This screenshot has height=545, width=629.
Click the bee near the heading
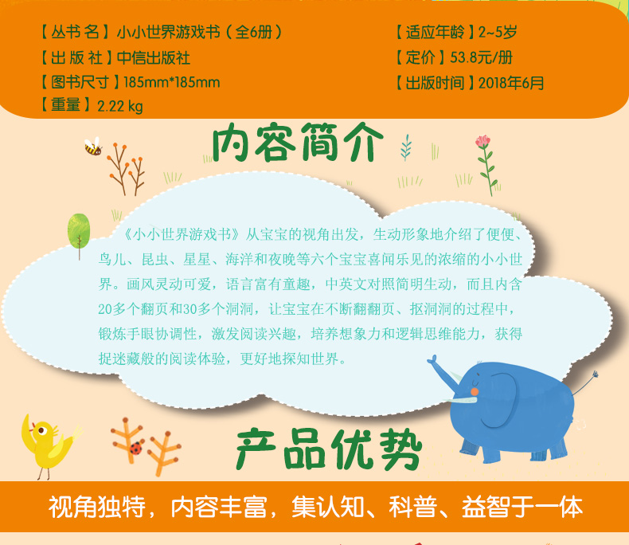(93, 147)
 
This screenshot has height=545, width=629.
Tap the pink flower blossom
(482, 141)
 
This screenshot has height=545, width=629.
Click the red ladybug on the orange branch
(136, 448)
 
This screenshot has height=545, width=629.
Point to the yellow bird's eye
(41, 430)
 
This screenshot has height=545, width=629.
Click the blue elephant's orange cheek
(475, 391)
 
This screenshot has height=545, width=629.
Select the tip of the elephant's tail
(596, 374)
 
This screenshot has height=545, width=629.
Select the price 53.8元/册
(482, 57)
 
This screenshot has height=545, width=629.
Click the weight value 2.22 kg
(120, 106)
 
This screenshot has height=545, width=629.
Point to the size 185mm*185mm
(172, 82)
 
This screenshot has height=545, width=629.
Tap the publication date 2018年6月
(511, 83)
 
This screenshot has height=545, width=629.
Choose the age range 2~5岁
(498, 32)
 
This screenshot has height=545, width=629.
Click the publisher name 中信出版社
(153, 58)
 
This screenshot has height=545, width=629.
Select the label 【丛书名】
(75, 32)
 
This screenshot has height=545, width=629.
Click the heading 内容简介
(297, 143)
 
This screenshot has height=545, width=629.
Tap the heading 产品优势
(329, 449)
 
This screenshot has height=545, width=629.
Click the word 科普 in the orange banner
(412, 507)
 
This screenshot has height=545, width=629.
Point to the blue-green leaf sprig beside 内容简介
(406, 147)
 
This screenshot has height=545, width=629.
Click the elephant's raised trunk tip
(432, 360)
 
